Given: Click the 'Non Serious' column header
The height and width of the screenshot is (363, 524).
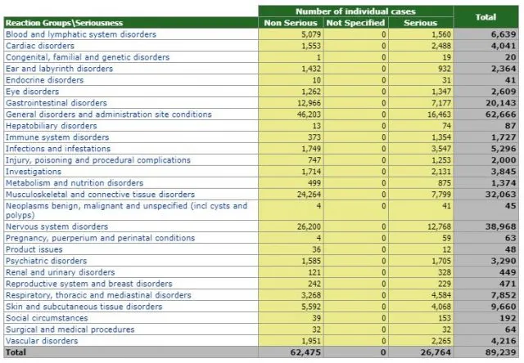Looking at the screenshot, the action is pos(291,23).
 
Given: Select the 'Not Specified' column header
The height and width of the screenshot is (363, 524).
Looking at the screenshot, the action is pos(355,23).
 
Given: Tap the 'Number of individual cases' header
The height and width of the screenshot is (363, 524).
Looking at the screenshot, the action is pos(355,11).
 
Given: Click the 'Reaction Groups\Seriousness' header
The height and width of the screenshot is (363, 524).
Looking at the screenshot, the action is pos(64,23).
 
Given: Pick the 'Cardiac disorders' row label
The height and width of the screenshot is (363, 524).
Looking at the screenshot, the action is pos(40,46).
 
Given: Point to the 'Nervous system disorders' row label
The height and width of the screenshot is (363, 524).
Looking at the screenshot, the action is pos(56,226).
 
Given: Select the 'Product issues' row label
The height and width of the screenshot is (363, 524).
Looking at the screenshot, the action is pos(34,249).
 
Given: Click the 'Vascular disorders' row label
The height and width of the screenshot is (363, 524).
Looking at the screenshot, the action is pos(42,341).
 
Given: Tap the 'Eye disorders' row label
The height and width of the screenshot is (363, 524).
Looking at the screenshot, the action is pos(33,92).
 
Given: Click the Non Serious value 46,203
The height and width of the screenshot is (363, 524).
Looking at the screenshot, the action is pos(309,114).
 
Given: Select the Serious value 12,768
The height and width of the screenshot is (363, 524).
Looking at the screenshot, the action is pos(439,226).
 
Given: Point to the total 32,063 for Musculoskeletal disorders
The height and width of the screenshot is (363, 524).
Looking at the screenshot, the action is pos(500,195).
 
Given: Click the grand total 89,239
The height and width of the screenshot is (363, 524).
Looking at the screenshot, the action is pos(500,352).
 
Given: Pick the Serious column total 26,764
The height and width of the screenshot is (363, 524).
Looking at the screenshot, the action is pos(436,352).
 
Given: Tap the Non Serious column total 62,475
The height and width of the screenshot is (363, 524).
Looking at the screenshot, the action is pos(305,352).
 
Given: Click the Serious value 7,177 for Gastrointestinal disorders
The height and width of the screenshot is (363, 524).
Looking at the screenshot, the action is pos(441,103).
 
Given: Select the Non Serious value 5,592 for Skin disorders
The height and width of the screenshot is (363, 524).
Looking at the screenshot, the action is pos(311,307).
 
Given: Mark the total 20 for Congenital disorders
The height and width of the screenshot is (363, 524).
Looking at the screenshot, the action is pos(511,57).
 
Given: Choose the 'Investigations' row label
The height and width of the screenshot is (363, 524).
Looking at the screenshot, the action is pos(34,172).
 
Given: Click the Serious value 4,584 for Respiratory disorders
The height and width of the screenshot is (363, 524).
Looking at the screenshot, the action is pos(441,295).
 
